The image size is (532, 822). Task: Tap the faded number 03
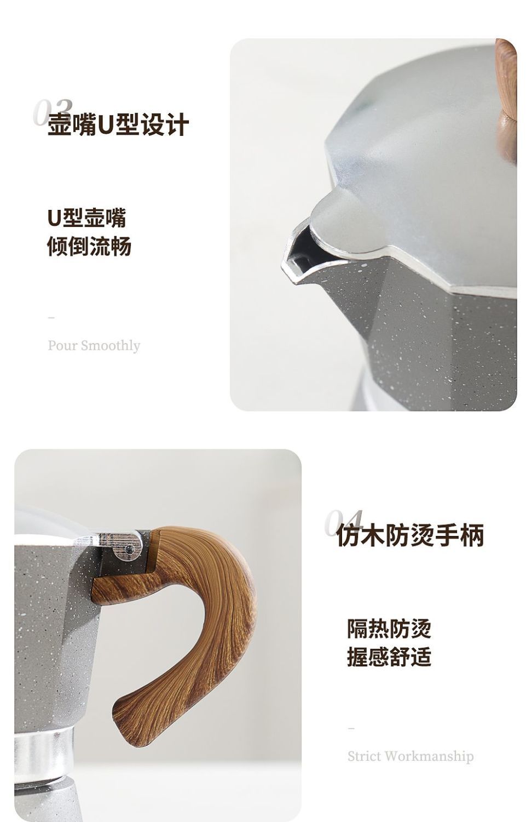53,112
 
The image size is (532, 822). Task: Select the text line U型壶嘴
87,218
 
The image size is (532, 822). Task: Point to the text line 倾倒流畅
89,246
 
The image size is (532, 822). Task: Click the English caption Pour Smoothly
94,346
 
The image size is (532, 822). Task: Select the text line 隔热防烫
389,629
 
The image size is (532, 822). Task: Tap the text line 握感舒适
389,657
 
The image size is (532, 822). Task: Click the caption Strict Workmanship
410,756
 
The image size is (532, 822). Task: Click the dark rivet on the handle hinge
129,549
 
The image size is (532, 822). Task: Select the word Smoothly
111,346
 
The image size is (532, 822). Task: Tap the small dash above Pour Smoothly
51,318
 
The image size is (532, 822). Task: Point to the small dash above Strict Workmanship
351,728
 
